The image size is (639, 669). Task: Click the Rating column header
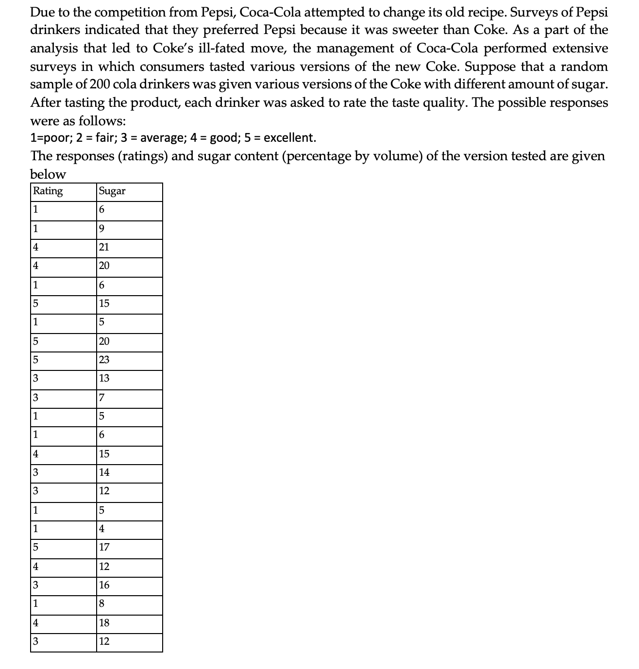point(48,191)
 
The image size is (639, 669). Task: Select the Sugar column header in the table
point(112,191)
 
